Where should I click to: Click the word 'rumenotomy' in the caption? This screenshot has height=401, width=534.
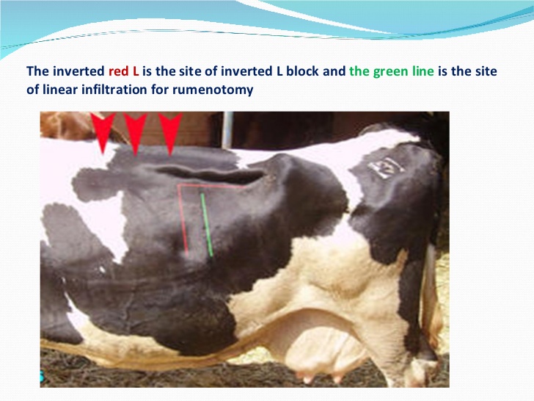pyautogui.click(x=213, y=90)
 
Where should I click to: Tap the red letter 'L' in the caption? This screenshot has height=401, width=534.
pyautogui.click(x=136, y=71)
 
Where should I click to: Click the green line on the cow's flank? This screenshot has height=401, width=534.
pyautogui.click(x=207, y=225)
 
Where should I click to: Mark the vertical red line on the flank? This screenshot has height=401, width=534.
pyautogui.click(x=183, y=221)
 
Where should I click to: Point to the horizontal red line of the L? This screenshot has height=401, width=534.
pyautogui.click(x=212, y=186)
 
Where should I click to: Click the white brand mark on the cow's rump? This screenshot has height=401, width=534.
pyautogui.click(x=386, y=167)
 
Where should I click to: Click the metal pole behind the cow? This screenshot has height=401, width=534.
pyautogui.click(x=227, y=130)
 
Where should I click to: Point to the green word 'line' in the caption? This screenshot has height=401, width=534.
pyautogui.click(x=420, y=71)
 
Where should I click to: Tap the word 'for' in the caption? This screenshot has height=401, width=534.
pyautogui.click(x=160, y=90)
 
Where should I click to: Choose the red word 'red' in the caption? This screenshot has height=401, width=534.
pyautogui.click(x=119, y=71)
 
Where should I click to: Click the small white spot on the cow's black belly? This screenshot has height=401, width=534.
pyautogui.click(x=102, y=270)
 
